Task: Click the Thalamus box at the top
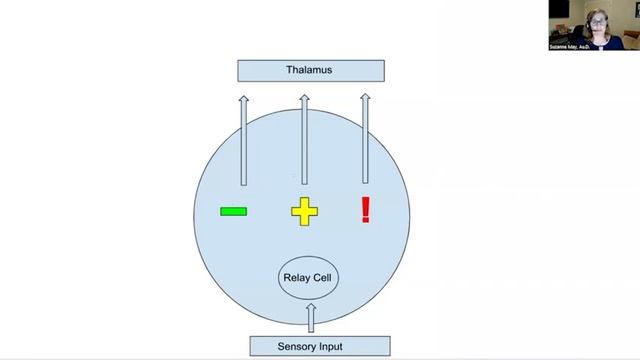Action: click(x=310, y=70)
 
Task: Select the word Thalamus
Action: click(x=310, y=70)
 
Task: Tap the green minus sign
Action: click(x=233, y=211)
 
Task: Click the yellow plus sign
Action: click(x=304, y=211)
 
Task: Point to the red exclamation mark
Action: click(x=365, y=209)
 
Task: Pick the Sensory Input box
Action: click(x=310, y=347)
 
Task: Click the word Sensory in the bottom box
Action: click(x=297, y=347)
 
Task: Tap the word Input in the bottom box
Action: click(x=330, y=347)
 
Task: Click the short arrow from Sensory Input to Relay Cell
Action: click(x=310, y=318)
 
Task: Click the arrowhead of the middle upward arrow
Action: click(x=304, y=98)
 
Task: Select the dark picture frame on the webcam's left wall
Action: click(x=559, y=9)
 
